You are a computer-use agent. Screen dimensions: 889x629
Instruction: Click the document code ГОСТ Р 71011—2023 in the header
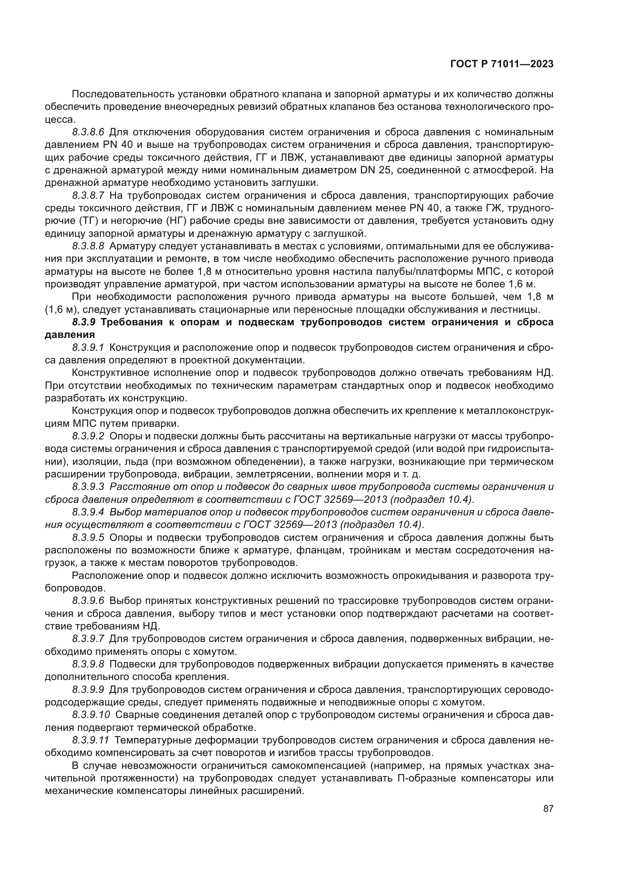502,64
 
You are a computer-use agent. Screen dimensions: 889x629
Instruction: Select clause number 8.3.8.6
88,132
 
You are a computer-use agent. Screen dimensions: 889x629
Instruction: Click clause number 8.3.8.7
88,195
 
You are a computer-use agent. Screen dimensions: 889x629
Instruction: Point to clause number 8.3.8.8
88,246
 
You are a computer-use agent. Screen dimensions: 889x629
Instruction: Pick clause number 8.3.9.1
88,347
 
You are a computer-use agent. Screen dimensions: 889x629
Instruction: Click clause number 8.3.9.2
88,436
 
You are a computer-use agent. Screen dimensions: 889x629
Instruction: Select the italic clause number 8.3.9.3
88,487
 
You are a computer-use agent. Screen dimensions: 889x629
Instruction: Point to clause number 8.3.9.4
88,512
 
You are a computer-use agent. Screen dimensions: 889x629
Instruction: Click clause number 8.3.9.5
88,537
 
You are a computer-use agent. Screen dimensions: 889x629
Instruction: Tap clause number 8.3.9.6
88,601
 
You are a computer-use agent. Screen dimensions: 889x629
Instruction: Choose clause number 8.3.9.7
88,639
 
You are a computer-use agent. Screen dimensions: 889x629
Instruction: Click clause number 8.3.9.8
88,664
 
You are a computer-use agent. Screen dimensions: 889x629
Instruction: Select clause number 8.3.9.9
88,689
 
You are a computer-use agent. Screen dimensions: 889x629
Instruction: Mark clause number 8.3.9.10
91,715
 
